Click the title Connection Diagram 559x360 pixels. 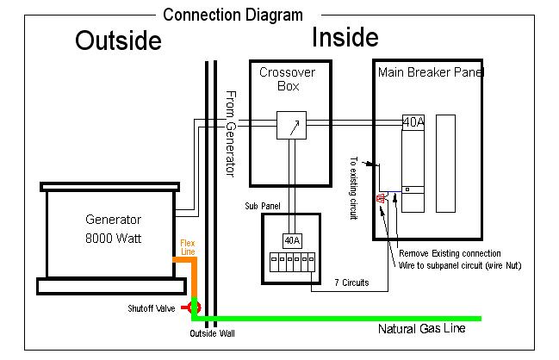pos(233,15)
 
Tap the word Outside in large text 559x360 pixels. pos(118,41)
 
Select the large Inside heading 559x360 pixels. pos(345,37)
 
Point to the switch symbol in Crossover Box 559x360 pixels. pos(292,127)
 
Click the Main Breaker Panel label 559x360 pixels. pos(431,72)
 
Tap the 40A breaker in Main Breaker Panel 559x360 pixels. pos(413,122)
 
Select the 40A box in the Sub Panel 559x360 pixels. pos(292,239)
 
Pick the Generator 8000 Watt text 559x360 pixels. pos(113,228)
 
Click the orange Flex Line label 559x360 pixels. pos(187,248)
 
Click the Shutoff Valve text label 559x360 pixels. pos(152,307)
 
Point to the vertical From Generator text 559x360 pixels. pos(230,133)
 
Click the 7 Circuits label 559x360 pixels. pos(351,282)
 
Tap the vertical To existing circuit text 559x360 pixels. pos(353,189)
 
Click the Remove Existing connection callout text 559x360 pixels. pos(449,254)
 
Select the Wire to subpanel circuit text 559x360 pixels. pos(460,265)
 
